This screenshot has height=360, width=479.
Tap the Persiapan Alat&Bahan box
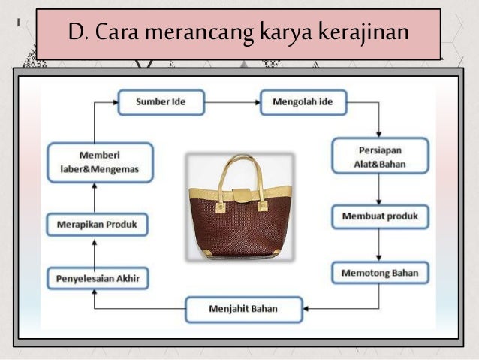pos(380,156)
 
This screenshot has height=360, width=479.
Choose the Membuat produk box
pos(380,218)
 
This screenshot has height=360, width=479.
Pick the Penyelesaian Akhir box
pos(98,278)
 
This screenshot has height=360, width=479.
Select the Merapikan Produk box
pos(98,224)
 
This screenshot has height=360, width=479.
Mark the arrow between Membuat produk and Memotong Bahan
pos(380,245)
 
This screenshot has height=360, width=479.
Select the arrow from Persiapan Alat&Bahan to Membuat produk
pos(380,189)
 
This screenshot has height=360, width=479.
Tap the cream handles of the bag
pos(240,169)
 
